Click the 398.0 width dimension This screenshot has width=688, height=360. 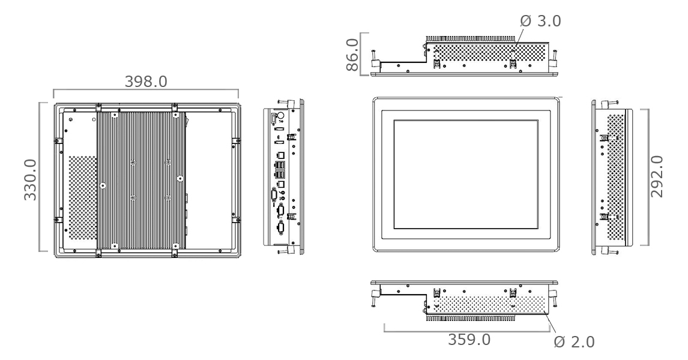tap(146, 82)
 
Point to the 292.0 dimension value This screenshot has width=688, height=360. tap(657, 176)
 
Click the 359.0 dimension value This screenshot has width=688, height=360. tap(469, 339)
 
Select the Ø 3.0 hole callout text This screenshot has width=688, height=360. tap(540, 20)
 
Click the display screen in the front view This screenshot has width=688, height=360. tap(466, 174)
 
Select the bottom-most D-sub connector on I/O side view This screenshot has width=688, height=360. tap(279, 227)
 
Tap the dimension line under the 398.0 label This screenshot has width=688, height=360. tap(146, 91)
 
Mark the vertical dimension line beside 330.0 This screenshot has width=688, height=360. tap(40, 176)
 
